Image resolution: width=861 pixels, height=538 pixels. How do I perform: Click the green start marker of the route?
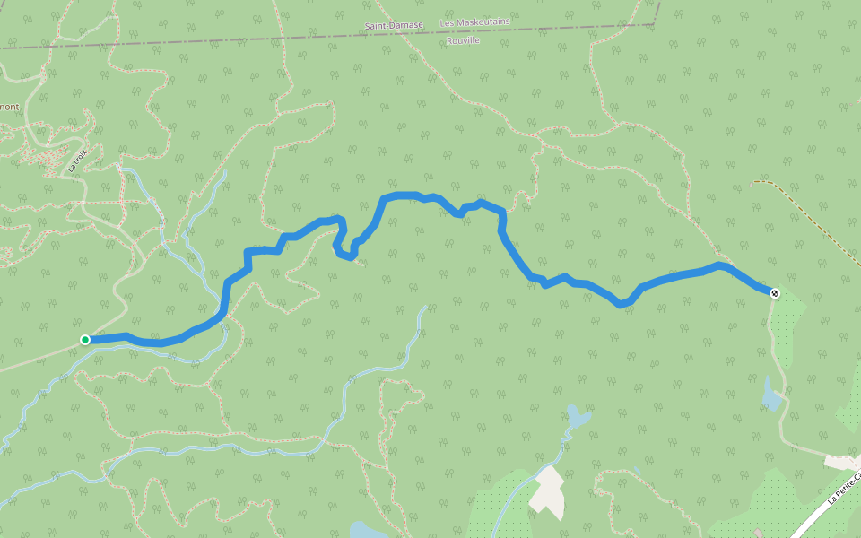[x=85, y=339]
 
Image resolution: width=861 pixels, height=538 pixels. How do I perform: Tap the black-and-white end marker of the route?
[x=775, y=293]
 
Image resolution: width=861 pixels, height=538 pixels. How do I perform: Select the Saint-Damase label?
[x=394, y=25]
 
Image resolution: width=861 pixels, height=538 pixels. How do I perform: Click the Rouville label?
[x=463, y=40]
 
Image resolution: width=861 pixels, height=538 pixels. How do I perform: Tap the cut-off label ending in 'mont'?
[x=9, y=107]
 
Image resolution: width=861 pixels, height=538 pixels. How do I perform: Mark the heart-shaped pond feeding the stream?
[x=578, y=416]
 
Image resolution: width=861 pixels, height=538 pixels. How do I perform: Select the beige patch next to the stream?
[x=547, y=491]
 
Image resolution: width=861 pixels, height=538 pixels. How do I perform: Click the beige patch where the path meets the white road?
[x=841, y=463]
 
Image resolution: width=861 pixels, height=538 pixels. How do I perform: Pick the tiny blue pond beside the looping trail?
[x=636, y=469]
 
